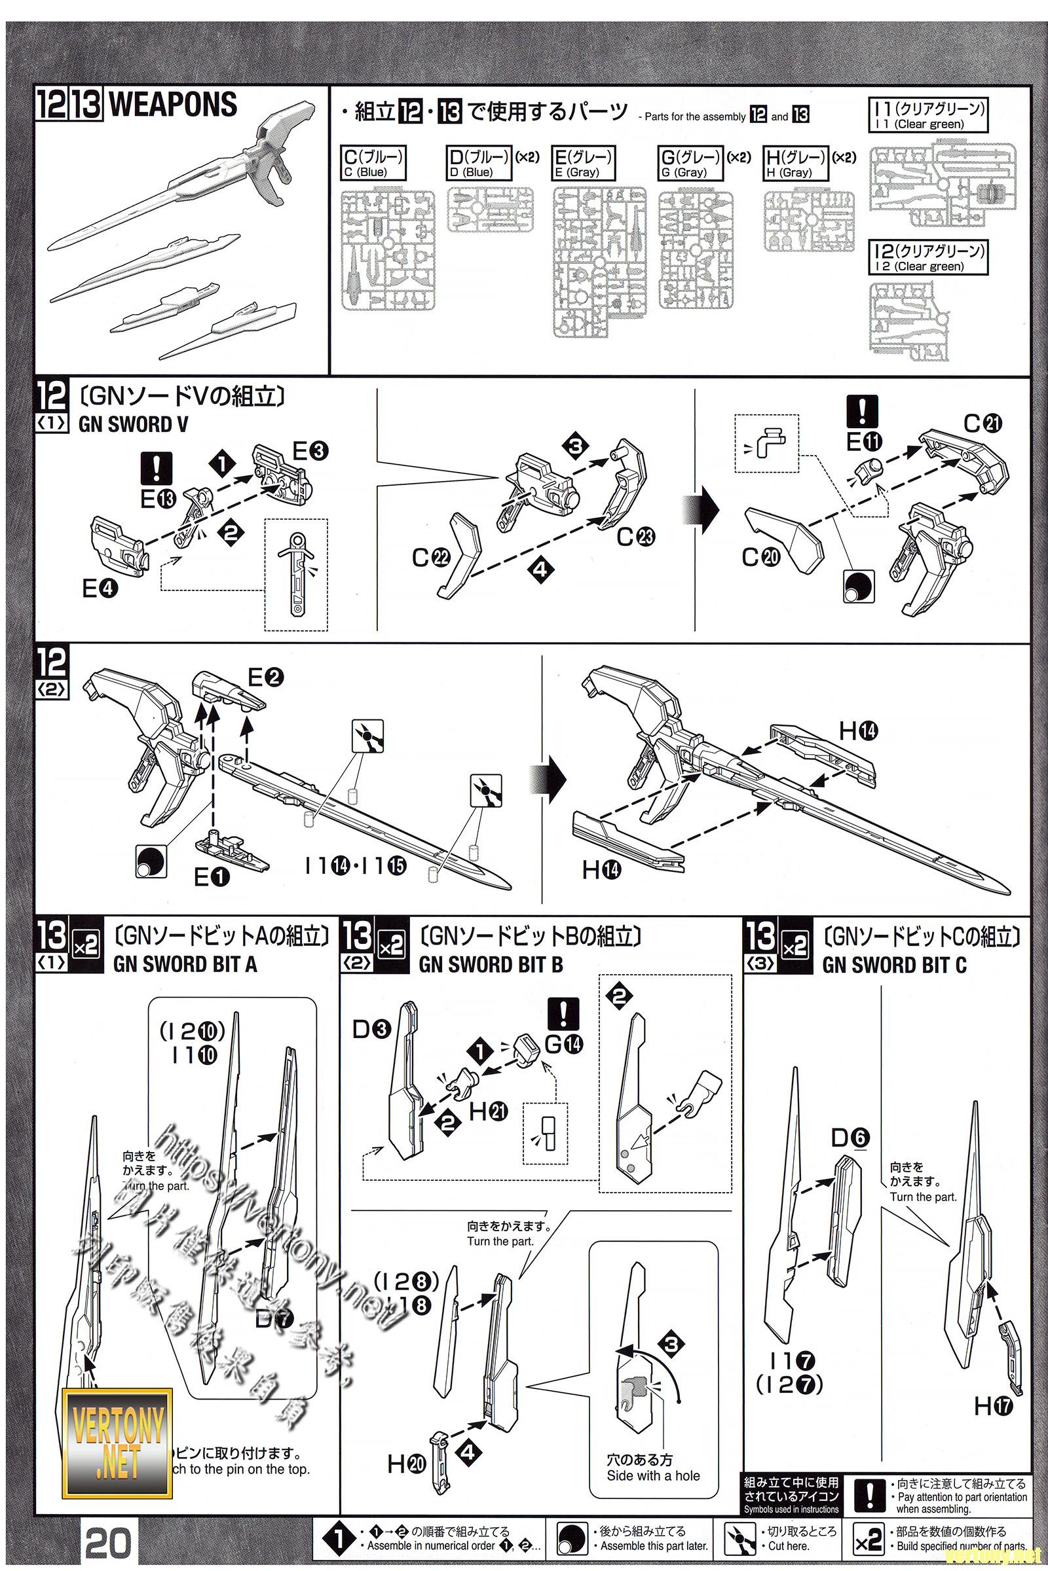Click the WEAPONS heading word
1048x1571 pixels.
point(172,105)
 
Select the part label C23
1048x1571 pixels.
point(635,536)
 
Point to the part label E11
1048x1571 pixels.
point(863,441)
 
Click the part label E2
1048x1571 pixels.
point(265,677)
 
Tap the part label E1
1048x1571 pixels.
point(211,876)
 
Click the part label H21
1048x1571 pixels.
point(489,1111)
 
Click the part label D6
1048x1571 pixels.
point(850,1138)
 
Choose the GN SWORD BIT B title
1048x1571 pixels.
point(491,964)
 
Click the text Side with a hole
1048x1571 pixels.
point(653,1475)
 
